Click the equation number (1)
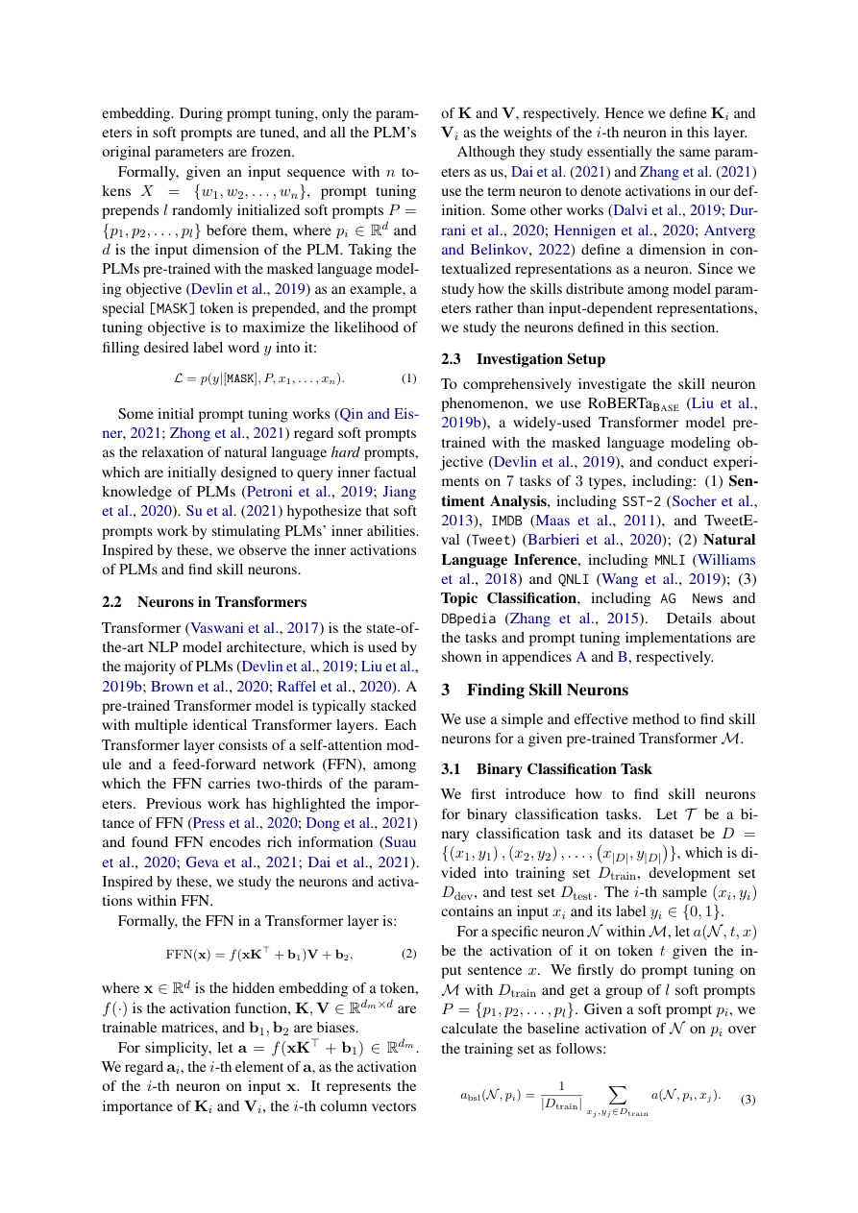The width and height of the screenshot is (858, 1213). point(408,379)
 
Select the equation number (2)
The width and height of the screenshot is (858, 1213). point(408,955)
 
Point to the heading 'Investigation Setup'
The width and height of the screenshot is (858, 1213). point(541,359)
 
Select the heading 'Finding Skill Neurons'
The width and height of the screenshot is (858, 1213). point(547,690)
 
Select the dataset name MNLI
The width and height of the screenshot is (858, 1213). point(669,560)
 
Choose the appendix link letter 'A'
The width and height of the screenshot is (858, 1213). point(580,658)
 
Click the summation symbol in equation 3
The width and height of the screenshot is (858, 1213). point(617,1095)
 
